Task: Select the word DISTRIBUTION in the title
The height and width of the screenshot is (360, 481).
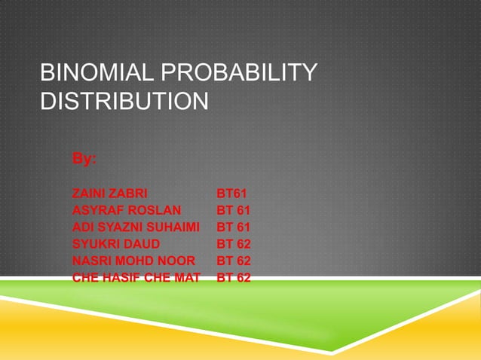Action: point(124,101)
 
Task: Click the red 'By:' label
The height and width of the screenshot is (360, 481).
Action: point(84,159)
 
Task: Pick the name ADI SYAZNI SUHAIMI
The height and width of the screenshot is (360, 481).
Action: point(136,227)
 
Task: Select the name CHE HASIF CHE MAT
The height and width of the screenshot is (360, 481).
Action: point(136,278)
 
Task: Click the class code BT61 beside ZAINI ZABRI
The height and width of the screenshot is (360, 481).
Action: point(232,193)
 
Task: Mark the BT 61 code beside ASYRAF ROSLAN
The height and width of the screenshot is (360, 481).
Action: point(234,210)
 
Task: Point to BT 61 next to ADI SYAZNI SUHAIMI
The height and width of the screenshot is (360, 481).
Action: point(234,227)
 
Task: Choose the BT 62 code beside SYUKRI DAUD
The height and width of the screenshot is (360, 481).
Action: point(234,244)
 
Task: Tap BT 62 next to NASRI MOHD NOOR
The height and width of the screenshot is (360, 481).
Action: point(234,261)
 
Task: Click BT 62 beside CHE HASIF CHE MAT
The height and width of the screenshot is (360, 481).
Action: point(234,278)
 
